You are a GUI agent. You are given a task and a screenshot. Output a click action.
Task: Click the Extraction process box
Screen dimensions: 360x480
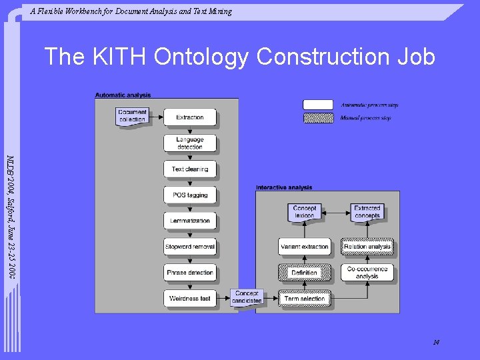(190, 117)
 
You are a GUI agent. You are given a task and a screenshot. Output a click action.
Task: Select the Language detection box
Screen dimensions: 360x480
(190, 143)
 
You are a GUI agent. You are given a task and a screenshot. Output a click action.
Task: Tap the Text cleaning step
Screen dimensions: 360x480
(190, 169)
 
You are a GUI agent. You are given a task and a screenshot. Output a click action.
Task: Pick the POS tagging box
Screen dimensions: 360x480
(190, 195)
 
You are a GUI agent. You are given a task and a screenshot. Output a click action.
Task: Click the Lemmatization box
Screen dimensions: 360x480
(190, 221)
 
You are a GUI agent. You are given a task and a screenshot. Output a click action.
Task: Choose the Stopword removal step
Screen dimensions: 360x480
(190, 247)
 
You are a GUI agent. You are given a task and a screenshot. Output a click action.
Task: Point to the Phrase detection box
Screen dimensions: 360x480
(190, 273)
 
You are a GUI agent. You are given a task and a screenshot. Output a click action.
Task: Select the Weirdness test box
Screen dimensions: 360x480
(190, 298)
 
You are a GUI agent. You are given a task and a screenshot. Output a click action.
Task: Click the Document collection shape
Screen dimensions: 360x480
(132, 116)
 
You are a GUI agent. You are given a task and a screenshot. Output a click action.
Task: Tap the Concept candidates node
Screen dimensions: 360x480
(247, 297)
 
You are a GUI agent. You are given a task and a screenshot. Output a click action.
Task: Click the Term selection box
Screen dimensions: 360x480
(304, 298)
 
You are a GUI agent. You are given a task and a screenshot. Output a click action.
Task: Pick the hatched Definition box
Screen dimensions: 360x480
(304, 273)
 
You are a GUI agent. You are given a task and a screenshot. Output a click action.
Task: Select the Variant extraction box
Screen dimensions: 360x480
(304, 247)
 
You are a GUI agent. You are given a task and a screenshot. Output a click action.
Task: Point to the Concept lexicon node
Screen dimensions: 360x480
(304, 212)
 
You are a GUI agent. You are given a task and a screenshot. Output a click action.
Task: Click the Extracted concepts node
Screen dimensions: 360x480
(367, 212)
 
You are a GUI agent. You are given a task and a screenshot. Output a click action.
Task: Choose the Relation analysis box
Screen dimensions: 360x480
(367, 247)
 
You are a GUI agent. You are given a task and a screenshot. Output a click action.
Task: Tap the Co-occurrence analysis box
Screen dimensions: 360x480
(367, 273)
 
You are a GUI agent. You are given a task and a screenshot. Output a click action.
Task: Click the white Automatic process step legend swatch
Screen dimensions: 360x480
(318, 105)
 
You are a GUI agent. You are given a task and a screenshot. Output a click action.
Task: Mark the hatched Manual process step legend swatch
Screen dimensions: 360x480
(318, 118)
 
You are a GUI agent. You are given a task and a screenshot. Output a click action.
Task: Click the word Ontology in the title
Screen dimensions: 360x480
(202, 57)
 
